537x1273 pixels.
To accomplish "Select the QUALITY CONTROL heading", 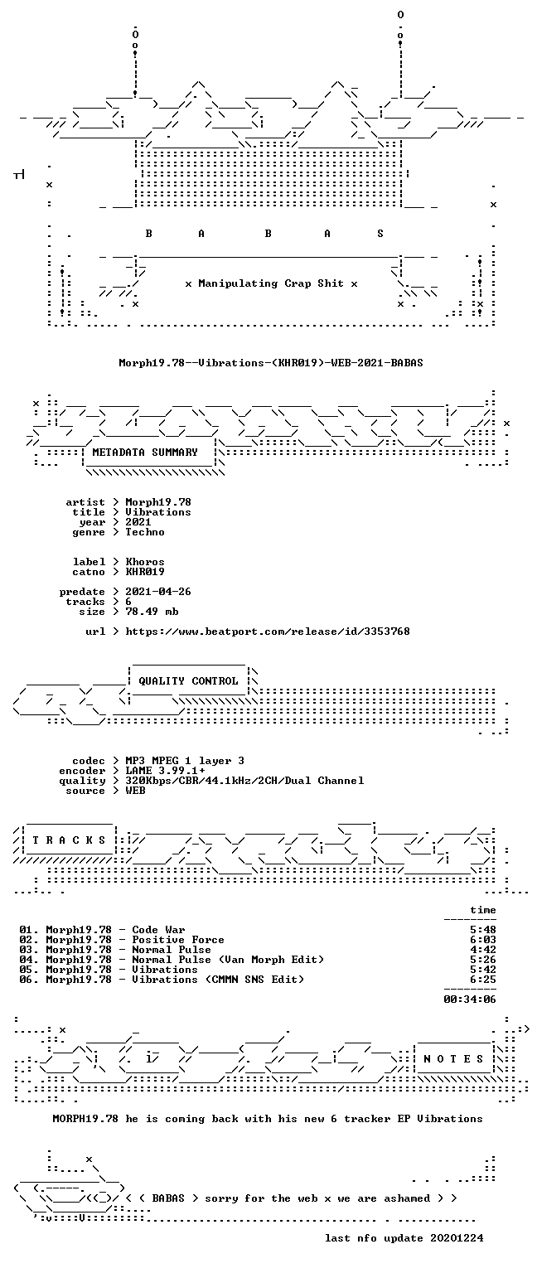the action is (188, 680).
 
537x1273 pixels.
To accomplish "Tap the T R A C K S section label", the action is (69, 840).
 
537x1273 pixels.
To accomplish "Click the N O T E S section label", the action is (453, 1058).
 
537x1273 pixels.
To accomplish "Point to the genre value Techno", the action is (145, 533).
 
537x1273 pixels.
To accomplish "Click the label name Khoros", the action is (145, 562).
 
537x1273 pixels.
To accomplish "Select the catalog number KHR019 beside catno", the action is (145, 572).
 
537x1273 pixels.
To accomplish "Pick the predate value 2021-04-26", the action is (158, 592).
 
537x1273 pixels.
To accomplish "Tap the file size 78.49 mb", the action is (152, 612).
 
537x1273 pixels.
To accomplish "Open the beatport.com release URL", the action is (268, 632).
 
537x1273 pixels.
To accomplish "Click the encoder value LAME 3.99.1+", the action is (166, 771).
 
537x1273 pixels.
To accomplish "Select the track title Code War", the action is (158, 930).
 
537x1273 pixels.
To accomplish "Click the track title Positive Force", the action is (178, 940).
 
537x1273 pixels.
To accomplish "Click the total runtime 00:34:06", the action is (470, 999).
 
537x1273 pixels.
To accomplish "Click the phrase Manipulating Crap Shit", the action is (270, 283).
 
